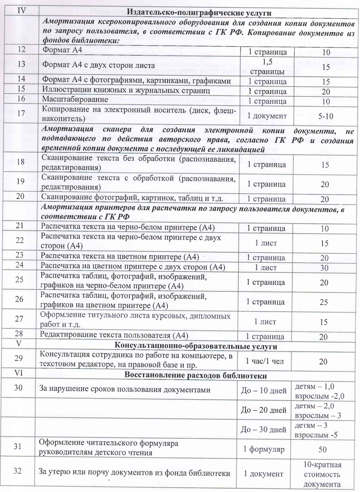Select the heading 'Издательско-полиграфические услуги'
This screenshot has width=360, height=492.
[x=199, y=13]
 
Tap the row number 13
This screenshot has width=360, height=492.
[x=21, y=64]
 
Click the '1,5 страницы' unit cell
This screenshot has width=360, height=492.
[x=267, y=66]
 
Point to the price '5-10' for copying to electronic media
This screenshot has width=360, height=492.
[x=326, y=116]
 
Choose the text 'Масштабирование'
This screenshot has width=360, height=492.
[x=75, y=100]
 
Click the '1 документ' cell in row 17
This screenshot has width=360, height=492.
[x=267, y=116]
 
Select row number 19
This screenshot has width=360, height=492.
[x=20, y=181]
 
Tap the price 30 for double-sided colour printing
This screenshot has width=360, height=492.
[x=324, y=268]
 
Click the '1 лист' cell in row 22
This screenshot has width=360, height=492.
[x=266, y=243]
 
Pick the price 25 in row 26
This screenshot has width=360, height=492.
[x=324, y=302]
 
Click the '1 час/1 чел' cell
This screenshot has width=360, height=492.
[x=265, y=361]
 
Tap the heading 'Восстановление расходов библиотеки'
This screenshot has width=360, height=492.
[x=196, y=376]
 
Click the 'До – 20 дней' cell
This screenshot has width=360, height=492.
[x=264, y=410]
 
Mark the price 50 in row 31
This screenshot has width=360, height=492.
[x=322, y=449]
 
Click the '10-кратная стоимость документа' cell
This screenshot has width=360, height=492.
[x=322, y=474]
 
